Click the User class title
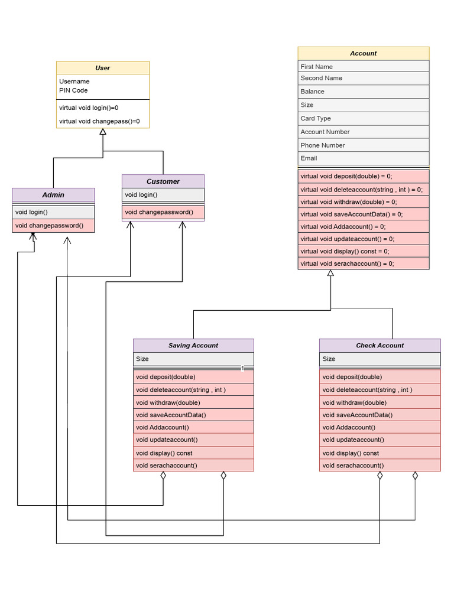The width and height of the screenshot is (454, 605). (x=102, y=68)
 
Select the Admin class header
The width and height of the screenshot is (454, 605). (x=53, y=195)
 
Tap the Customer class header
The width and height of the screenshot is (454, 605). (x=163, y=181)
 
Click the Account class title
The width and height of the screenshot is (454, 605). (x=363, y=53)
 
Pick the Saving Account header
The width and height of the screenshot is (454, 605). (x=193, y=346)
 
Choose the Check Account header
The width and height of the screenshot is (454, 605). (x=380, y=346)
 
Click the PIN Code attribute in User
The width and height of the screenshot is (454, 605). (x=73, y=90)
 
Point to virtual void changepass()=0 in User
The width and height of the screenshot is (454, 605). (x=99, y=121)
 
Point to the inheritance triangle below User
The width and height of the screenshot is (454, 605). (x=103, y=132)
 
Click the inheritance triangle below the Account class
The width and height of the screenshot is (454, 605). (x=330, y=273)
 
